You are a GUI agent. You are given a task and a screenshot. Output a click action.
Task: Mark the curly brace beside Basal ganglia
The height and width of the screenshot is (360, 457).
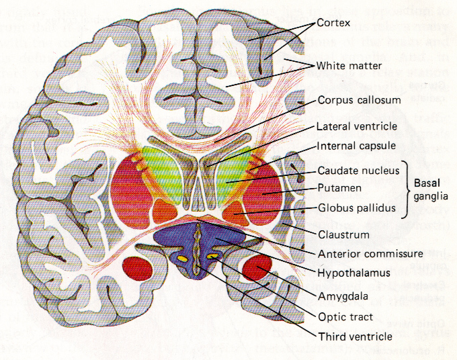tap(406, 189)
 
